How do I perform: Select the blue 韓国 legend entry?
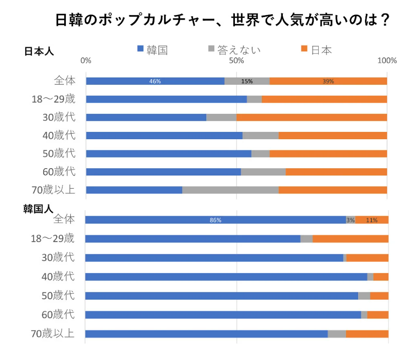point(152,50)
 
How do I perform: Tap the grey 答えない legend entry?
point(233,50)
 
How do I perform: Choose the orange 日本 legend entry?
point(316,50)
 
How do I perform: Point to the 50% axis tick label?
point(237,61)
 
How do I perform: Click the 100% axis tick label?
point(387,61)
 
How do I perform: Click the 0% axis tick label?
point(86,61)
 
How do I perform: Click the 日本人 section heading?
point(39,51)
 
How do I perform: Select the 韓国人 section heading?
point(38,209)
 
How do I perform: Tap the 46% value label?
point(155,81)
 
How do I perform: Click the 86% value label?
point(215,220)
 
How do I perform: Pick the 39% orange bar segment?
point(328,81)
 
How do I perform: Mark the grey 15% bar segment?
point(247,81)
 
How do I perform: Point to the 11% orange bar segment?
point(371,220)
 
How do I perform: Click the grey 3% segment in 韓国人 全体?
point(350,220)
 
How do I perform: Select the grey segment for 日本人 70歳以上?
point(231,190)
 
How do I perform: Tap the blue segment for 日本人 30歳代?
point(146,117)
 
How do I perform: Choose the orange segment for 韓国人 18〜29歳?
point(350,239)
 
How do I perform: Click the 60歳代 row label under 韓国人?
point(58,315)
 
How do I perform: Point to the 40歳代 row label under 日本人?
point(59,135)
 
